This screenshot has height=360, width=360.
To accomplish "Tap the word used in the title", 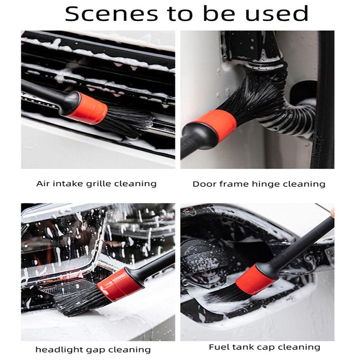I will click(x=277, y=14).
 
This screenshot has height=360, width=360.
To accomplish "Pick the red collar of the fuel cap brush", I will click(x=255, y=279).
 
